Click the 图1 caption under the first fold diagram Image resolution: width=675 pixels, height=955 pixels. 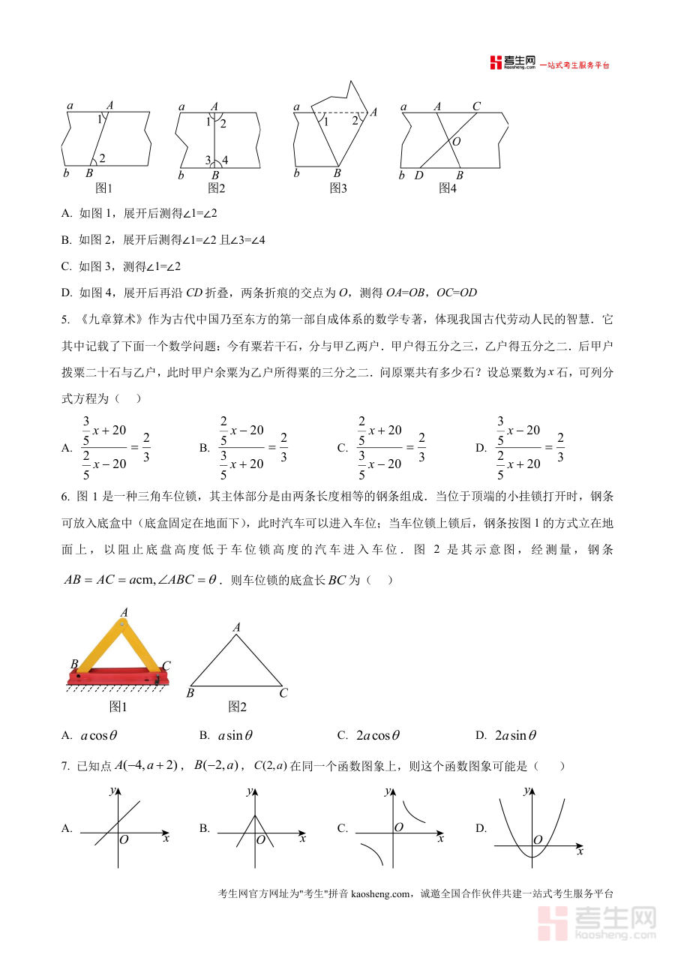point(103,188)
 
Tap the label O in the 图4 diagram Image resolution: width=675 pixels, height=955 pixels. point(457,141)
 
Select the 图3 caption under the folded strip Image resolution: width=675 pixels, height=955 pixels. point(338,188)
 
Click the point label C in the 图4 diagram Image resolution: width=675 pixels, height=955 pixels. point(476,107)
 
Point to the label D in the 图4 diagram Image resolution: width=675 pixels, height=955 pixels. point(418,176)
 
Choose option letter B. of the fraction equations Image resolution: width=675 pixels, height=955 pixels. point(204,448)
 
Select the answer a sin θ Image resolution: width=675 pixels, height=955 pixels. point(235,736)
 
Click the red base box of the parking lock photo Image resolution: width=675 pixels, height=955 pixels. point(117,678)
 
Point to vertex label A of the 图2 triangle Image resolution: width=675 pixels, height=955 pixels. point(237,627)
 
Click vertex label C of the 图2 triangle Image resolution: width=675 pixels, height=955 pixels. point(283,693)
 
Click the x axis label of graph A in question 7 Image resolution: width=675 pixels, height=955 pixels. point(166,837)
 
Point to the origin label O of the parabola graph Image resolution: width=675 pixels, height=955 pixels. point(538,839)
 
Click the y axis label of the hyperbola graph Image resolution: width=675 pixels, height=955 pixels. point(387,791)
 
